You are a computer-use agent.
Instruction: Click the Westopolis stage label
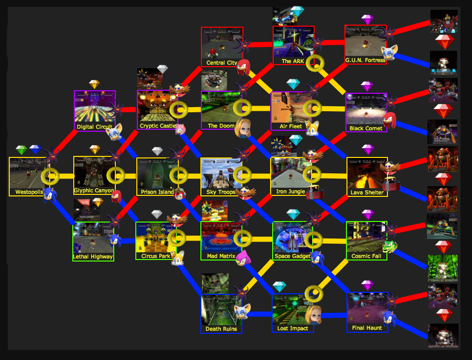26,193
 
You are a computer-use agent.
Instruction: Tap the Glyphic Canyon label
94,191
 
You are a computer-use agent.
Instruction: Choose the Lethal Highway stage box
93,241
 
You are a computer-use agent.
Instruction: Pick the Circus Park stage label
155,256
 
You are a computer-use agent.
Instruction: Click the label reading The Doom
220,126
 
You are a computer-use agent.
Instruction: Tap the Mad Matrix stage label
221,255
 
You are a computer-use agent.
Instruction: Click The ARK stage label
293,62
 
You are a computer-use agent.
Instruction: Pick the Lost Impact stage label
292,329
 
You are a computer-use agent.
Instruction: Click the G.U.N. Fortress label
365,61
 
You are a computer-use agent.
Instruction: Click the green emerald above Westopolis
21,150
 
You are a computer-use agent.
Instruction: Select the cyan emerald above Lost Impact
279,287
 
